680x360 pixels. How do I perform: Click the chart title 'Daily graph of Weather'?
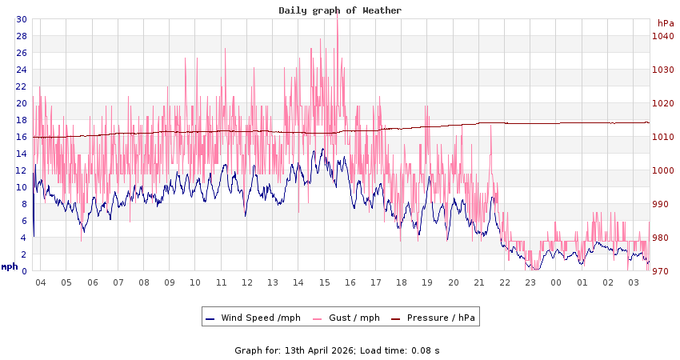pos(340,10)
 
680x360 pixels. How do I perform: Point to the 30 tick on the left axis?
pos(21,19)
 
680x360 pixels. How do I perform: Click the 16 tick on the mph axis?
pos(21,137)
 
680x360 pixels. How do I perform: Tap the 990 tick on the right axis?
pos(662,204)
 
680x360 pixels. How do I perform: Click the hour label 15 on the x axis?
pos(324,282)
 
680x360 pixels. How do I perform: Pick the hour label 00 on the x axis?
pos(557,282)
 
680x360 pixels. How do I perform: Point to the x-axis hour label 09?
pos(169,282)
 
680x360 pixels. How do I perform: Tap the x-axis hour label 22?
pos(505,282)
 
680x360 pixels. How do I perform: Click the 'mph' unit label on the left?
pos(10,267)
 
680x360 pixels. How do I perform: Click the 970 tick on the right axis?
pos(662,271)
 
